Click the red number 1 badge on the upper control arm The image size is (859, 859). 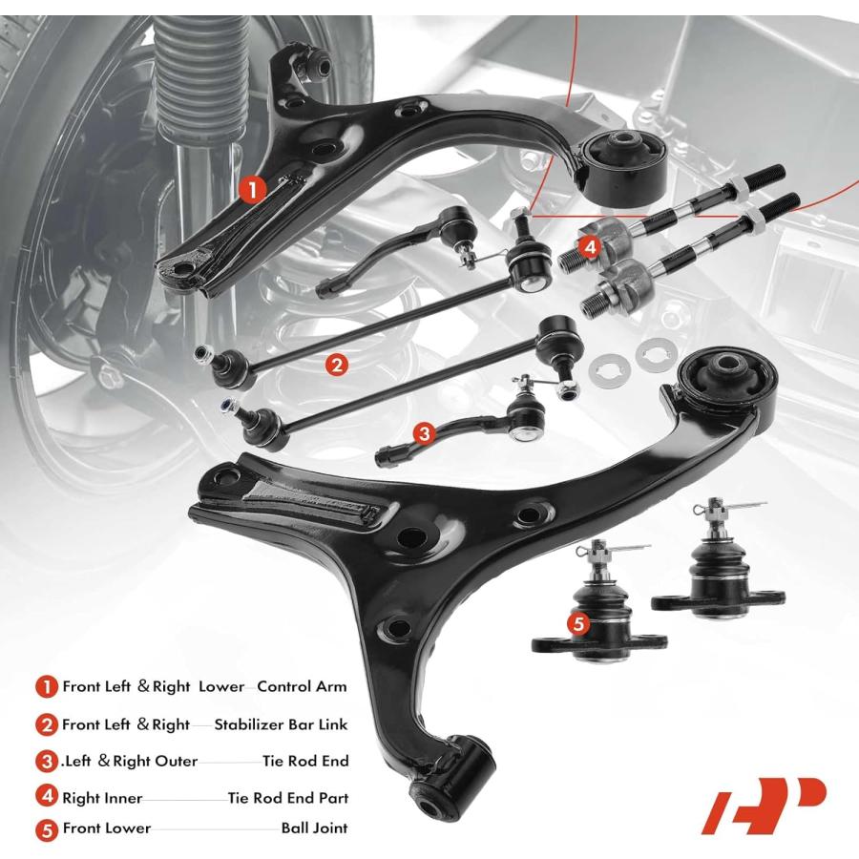[x=252, y=190]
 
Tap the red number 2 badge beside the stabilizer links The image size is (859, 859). [x=336, y=364]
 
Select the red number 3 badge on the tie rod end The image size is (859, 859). [x=424, y=434]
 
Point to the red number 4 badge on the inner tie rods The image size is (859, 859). [x=590, y=247]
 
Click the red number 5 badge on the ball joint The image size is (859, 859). [x=579, y=623]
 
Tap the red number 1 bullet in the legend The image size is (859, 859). [x=47, y=686]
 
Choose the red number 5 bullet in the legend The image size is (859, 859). [x=47, y=830]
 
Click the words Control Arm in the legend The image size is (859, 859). [x=302, y=686]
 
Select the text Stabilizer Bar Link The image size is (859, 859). [x=281, y=724]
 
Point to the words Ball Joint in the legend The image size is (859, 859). [x=314, y=828]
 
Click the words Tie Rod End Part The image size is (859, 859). [x=288, y=798]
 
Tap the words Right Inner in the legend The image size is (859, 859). [x=102, y=798]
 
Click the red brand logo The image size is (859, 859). [x=764, y=806]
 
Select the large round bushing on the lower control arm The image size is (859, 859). [x=727, y=385]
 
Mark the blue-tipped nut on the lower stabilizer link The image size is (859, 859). [x=225, y=407]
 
